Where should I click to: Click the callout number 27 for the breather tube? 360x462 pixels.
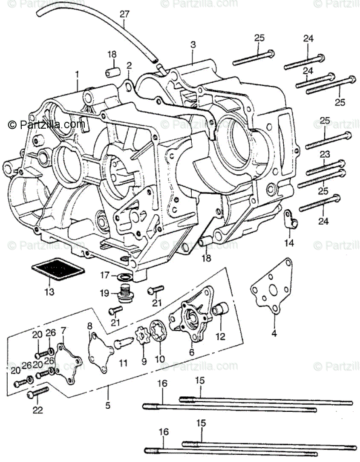tap(124, 14)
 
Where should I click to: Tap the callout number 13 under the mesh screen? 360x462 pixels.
tap(49, 292)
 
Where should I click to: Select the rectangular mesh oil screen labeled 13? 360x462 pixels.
tap(58, 271)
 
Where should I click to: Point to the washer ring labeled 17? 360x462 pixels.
tap(125, 277)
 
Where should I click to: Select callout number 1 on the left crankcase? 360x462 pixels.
tap(77, 75)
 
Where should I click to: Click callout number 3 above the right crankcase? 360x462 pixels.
tap(193, 44)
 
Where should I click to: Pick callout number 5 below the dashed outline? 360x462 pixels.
tap(108, 405)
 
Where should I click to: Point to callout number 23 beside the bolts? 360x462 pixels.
tap(325, 155)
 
